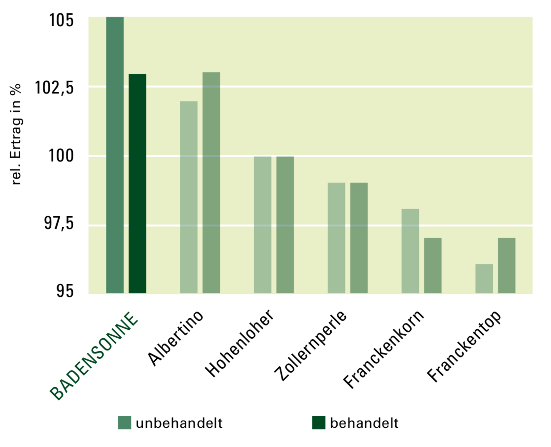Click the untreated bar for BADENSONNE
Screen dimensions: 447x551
click(x=115, y=155)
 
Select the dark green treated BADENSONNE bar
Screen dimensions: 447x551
click(x=137, y=183)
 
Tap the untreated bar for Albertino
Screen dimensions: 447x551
click(x=189, y=197)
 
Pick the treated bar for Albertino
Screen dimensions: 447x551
click(x=211, y=183)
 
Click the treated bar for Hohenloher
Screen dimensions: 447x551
click(x=285, y=225)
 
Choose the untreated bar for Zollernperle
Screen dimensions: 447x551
click(x=336, y=238)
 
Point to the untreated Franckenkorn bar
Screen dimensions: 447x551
click(x=410, y=251)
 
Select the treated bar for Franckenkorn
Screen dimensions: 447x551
click(x=433, y=265)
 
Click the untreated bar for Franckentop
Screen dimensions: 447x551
click(x=484, y=278)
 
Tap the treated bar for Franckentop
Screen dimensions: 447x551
click(x=507, y=265)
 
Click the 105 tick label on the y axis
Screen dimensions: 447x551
click(x=61, y=20)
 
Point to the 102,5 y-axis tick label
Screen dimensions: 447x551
click(x=54, y=88)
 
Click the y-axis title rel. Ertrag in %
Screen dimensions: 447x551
click(x=16, y=134)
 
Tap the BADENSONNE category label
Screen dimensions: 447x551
click(x=94, y=356)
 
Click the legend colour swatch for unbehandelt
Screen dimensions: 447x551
click(x=124, y=423)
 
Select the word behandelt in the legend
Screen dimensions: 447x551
click(x=364, y=423)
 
